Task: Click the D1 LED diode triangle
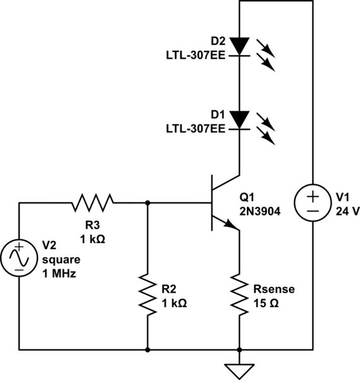(x=240, y=119)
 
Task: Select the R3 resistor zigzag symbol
(x=92, y=203)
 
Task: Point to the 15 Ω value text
(x=266, y=303)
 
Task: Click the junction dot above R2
(x=147, y=203)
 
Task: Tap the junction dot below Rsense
(x=240, y=349)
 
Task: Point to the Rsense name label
(x=275, y=291)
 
